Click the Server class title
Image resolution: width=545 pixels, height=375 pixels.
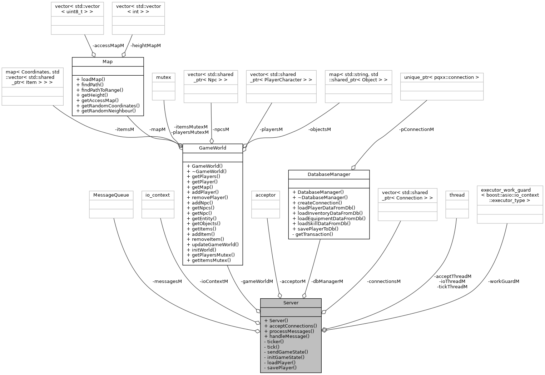[291, 303]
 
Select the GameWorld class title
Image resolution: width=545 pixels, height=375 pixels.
[212, 148]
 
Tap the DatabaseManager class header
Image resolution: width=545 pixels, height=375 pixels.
[329, 174]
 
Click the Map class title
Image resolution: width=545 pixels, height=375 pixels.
[108, 62]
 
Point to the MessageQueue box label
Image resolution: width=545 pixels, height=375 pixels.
[111, 195]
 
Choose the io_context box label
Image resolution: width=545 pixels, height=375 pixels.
[158, 195]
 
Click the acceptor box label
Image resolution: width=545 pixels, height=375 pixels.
[266, 195]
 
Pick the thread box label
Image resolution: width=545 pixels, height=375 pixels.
[457, 195]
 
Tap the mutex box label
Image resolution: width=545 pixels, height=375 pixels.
[164, 77]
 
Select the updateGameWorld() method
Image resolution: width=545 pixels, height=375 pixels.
[213, 244]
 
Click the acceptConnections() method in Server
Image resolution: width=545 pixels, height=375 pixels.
[291, 326]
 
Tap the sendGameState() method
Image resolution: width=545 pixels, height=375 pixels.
[286, 352]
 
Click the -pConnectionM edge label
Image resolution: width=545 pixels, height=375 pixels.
[416, 130]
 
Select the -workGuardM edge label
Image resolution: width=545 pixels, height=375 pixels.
[504, 281]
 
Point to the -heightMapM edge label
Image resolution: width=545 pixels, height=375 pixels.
[145, 46]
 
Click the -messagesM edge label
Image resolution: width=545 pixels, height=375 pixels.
[167, 281]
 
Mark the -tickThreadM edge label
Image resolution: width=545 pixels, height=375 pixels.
[452, 287]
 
